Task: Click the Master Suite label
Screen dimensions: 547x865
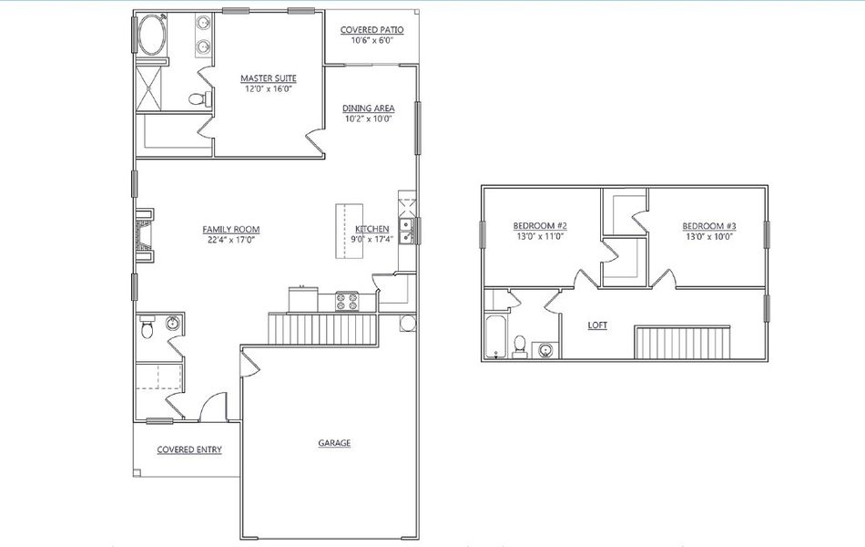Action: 269,78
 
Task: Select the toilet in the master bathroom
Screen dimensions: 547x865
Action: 196,98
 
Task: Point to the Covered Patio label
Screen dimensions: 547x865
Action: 371,30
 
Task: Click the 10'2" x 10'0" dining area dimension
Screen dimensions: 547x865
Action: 368,119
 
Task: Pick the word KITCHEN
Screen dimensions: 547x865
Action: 372,229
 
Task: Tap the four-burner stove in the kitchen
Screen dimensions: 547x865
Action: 347,300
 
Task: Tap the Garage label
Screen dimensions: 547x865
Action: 334,443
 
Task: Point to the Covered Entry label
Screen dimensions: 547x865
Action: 188,449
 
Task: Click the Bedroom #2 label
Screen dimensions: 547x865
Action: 540,225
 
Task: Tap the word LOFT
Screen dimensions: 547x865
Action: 597,325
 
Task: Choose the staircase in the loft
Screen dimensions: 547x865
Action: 683,342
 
